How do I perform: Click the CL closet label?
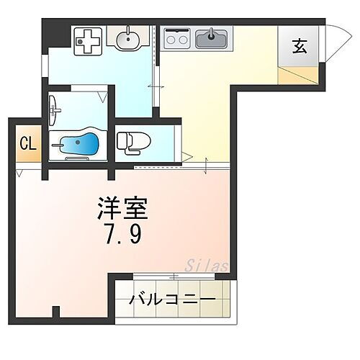pos(27,143)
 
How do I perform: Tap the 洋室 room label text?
pos(123,210)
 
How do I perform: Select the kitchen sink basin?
pos(211,37)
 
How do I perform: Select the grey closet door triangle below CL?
pos(21,173)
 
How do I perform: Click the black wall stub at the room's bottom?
pos(55,311)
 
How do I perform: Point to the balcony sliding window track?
pos(173,276)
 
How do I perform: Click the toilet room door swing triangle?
pos(186,156)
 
